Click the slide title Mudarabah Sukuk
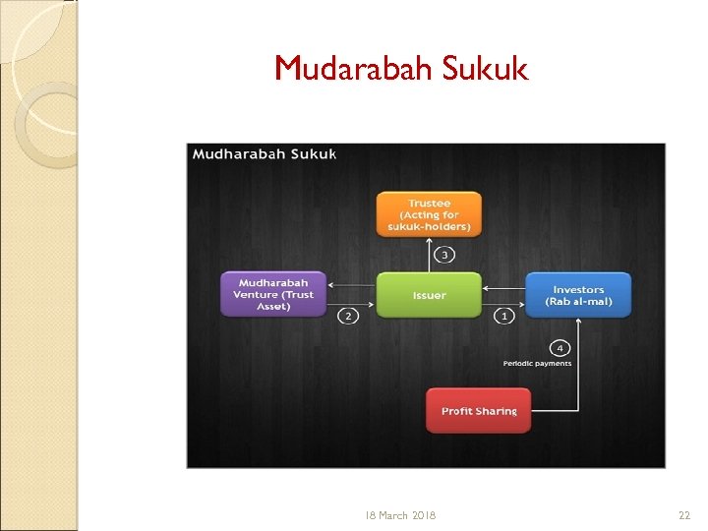coord(401,68)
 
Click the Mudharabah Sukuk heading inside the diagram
coord(265,154)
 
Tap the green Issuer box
coord(430,295)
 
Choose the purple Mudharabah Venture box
coord(273,294)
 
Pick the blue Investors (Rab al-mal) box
coord(578,295)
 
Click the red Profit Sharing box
coord(478,411)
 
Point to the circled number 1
coord(504,316)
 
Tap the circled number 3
coord(443,256)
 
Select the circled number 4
coord(560,348)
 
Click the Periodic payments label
coord(537,364)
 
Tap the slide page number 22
coord(684,515)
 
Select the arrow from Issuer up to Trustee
coord(430,256)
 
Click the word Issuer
coord(430,295)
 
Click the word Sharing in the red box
coord(496,411)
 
